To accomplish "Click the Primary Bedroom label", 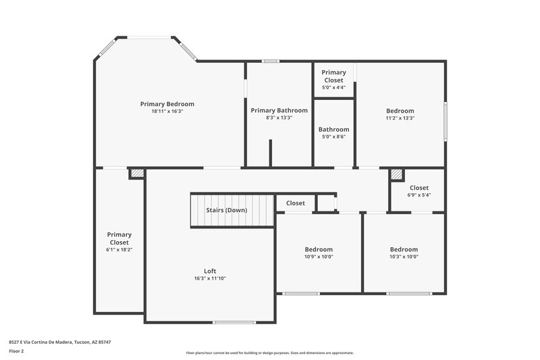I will click(167, 104).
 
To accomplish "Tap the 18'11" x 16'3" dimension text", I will click(167, 111).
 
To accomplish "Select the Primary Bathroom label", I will click(279, 110).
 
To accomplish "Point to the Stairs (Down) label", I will click(226, 210).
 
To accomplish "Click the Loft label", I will click(210, 271).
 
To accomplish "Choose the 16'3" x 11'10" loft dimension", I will click(210, 278).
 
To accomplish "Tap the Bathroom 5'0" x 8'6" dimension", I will click(333, 137).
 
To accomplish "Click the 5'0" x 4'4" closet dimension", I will click(333, 87).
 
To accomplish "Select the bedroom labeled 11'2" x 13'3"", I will click(400, 111).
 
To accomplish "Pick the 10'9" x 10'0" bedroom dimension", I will click(319, 257).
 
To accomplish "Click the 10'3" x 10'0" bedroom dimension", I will click(404, 257).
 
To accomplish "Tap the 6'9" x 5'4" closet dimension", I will click(418, 195).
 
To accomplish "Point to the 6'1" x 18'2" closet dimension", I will click(119, 249).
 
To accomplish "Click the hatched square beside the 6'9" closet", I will click(396, 174).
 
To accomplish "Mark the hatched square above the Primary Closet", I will click(137, 174).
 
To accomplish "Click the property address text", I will click(60, 342).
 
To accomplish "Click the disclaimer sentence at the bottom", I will click(269, 353).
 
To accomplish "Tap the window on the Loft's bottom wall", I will click(234, 322).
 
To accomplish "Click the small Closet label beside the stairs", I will click(295, 203).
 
